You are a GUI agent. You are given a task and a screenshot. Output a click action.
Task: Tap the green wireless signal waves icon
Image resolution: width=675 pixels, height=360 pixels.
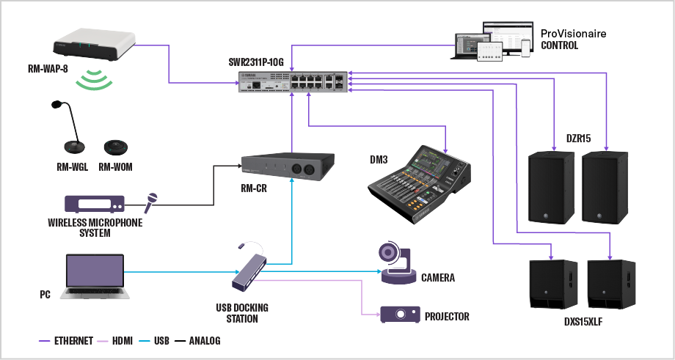coord(98,80)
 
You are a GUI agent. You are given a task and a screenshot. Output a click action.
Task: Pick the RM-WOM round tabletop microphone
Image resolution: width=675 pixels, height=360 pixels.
coord(114,147)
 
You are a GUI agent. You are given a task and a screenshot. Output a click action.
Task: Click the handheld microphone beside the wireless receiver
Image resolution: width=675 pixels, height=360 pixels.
coord(151,200)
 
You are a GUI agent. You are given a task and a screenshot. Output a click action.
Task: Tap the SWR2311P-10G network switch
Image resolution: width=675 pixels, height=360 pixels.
coord(293,82)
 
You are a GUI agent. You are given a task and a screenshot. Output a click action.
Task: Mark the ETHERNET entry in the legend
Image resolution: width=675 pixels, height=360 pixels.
coord(72,341)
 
